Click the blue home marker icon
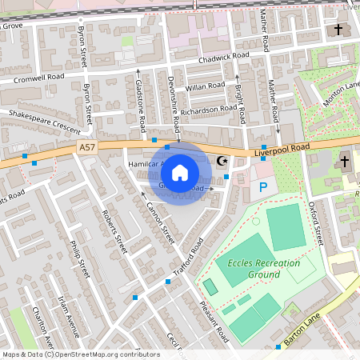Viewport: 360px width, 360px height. [x=180, y=173]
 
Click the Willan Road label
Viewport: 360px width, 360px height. [x=206, y=86]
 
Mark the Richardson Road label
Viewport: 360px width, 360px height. [x=209, y=110]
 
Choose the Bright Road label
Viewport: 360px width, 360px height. [x=238, y=99]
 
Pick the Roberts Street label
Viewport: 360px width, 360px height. [x=114, y=232]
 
